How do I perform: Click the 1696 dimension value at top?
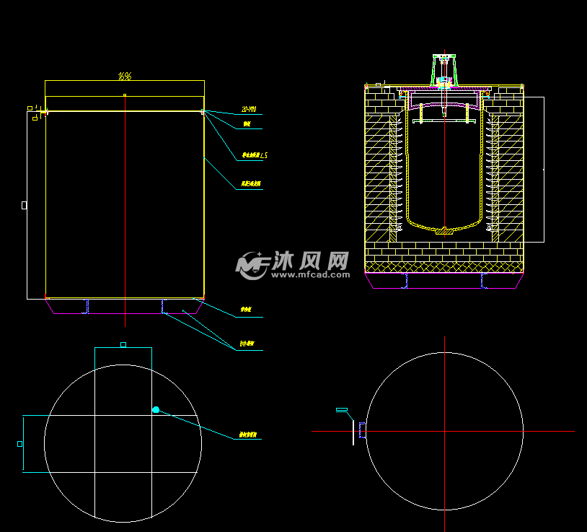(125, 75)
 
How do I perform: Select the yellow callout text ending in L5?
(254, 155)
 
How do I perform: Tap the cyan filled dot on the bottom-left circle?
(156, 410)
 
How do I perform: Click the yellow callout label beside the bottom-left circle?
(249, 435)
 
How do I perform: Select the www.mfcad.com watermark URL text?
(310, 275)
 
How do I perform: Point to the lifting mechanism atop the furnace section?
(445, 69)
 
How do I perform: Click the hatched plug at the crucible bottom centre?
(445, 232)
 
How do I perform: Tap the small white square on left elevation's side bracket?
(24, 205)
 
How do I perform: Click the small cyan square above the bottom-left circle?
(123, 345)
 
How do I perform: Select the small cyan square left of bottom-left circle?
(20, 444)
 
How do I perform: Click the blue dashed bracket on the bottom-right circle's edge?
(362, 431)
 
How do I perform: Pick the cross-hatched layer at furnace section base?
(444, 267)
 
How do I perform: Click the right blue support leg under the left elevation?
(164, 307)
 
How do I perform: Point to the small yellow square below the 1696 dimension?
(125, 95)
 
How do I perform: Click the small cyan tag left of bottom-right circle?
(341, 410)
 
